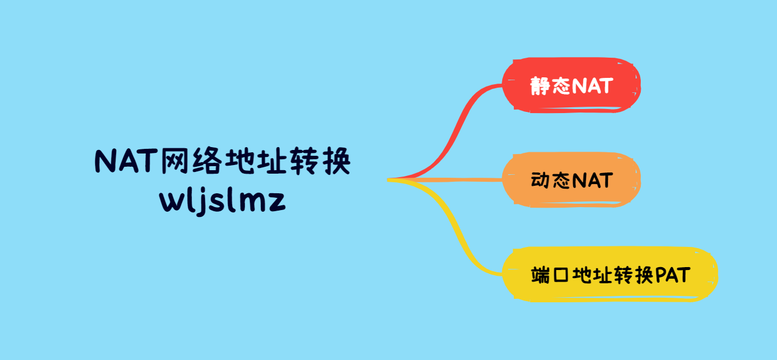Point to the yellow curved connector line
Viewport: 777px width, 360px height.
(x=462, y=231)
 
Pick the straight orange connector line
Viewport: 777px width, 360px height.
(x=450, y=180)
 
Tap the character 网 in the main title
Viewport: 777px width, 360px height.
(x=176, y=162)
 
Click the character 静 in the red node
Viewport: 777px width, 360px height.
(x=541, y=86)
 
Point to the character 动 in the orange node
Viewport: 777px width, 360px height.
(x=540, y=181)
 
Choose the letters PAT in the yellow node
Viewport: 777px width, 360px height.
(x=673, y=275)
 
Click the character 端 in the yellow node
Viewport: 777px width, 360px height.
(x=540, y=275)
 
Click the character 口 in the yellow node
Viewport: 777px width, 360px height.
(x=560, y=275)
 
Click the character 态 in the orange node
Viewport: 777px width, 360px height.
(x=561, y=181)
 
